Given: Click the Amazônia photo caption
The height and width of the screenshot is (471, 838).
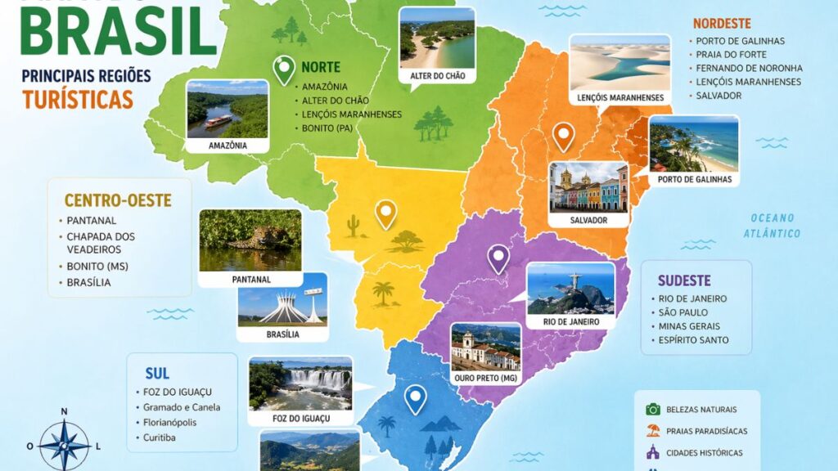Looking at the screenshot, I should (228, 146).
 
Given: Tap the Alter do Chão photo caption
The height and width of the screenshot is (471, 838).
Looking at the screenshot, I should (438, 76).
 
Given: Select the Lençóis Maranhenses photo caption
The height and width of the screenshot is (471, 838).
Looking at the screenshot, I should (619, 98).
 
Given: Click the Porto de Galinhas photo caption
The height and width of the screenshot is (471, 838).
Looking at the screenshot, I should (694, 179).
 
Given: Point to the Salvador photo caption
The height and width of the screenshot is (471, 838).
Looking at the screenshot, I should (589, 220).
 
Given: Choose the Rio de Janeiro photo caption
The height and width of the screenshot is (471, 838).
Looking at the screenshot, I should (570, 322).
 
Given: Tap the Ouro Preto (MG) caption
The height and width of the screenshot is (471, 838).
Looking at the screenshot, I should (486, 378).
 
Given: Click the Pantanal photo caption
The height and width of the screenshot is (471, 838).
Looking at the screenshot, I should (250, 279).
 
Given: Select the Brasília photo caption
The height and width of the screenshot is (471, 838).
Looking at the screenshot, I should (282, 334).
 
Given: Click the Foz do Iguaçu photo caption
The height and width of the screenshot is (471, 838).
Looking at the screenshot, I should (300, 419).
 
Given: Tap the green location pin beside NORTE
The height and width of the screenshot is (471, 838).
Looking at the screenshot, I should (284, 70).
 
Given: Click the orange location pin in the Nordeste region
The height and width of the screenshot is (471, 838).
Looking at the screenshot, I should (562, 136).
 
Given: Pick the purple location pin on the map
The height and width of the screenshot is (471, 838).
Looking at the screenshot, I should (498, 258).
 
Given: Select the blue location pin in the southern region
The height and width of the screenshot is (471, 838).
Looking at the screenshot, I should (416, 399).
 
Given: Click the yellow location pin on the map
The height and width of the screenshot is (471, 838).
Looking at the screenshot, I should (385, 214).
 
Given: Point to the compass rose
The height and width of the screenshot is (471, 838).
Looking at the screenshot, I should (65, 445).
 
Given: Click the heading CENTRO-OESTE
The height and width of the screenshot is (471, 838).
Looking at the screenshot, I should (118, 200).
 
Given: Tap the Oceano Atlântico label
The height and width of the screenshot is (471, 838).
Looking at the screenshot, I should (772, 225).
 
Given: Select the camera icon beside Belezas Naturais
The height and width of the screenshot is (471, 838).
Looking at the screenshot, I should (652, 409).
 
